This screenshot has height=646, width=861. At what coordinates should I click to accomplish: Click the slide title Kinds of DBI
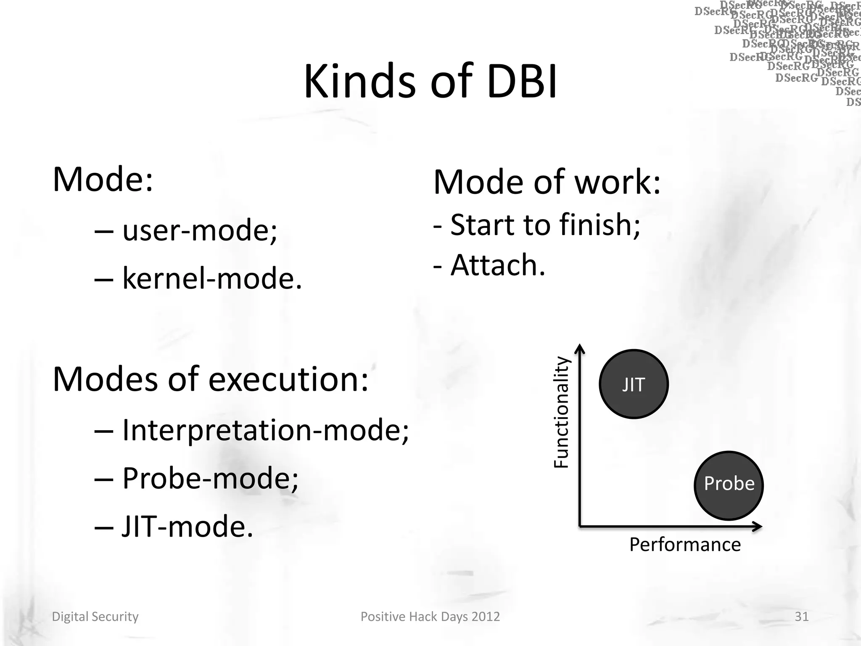(x=430, y=81)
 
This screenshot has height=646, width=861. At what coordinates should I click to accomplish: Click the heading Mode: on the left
(x=103, y=180)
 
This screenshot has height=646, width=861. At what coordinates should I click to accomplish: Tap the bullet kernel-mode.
(x=212, y=278)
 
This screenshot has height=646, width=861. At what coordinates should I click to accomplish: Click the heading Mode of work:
(x=547, y=183)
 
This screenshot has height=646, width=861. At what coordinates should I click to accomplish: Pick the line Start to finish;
(x=545, y=225)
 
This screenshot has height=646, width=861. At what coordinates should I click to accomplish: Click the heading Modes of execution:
(x=210, y=379)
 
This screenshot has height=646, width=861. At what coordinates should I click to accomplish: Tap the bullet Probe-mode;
(x=210, y=478)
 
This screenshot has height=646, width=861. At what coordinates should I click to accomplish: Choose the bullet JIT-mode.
(x=187, y=527)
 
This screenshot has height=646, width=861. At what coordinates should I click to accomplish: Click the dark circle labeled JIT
(x=633, y=384)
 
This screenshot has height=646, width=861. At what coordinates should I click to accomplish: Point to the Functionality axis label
(x=561, y=412)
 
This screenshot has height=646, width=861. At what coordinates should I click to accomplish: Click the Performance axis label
(x=685, y=545)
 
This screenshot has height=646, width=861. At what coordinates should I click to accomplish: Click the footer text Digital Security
(x=95, y=617)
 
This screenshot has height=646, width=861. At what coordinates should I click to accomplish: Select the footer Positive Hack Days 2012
(x=430, y=617)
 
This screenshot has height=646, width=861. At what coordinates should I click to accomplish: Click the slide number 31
(x=801, y=617)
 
